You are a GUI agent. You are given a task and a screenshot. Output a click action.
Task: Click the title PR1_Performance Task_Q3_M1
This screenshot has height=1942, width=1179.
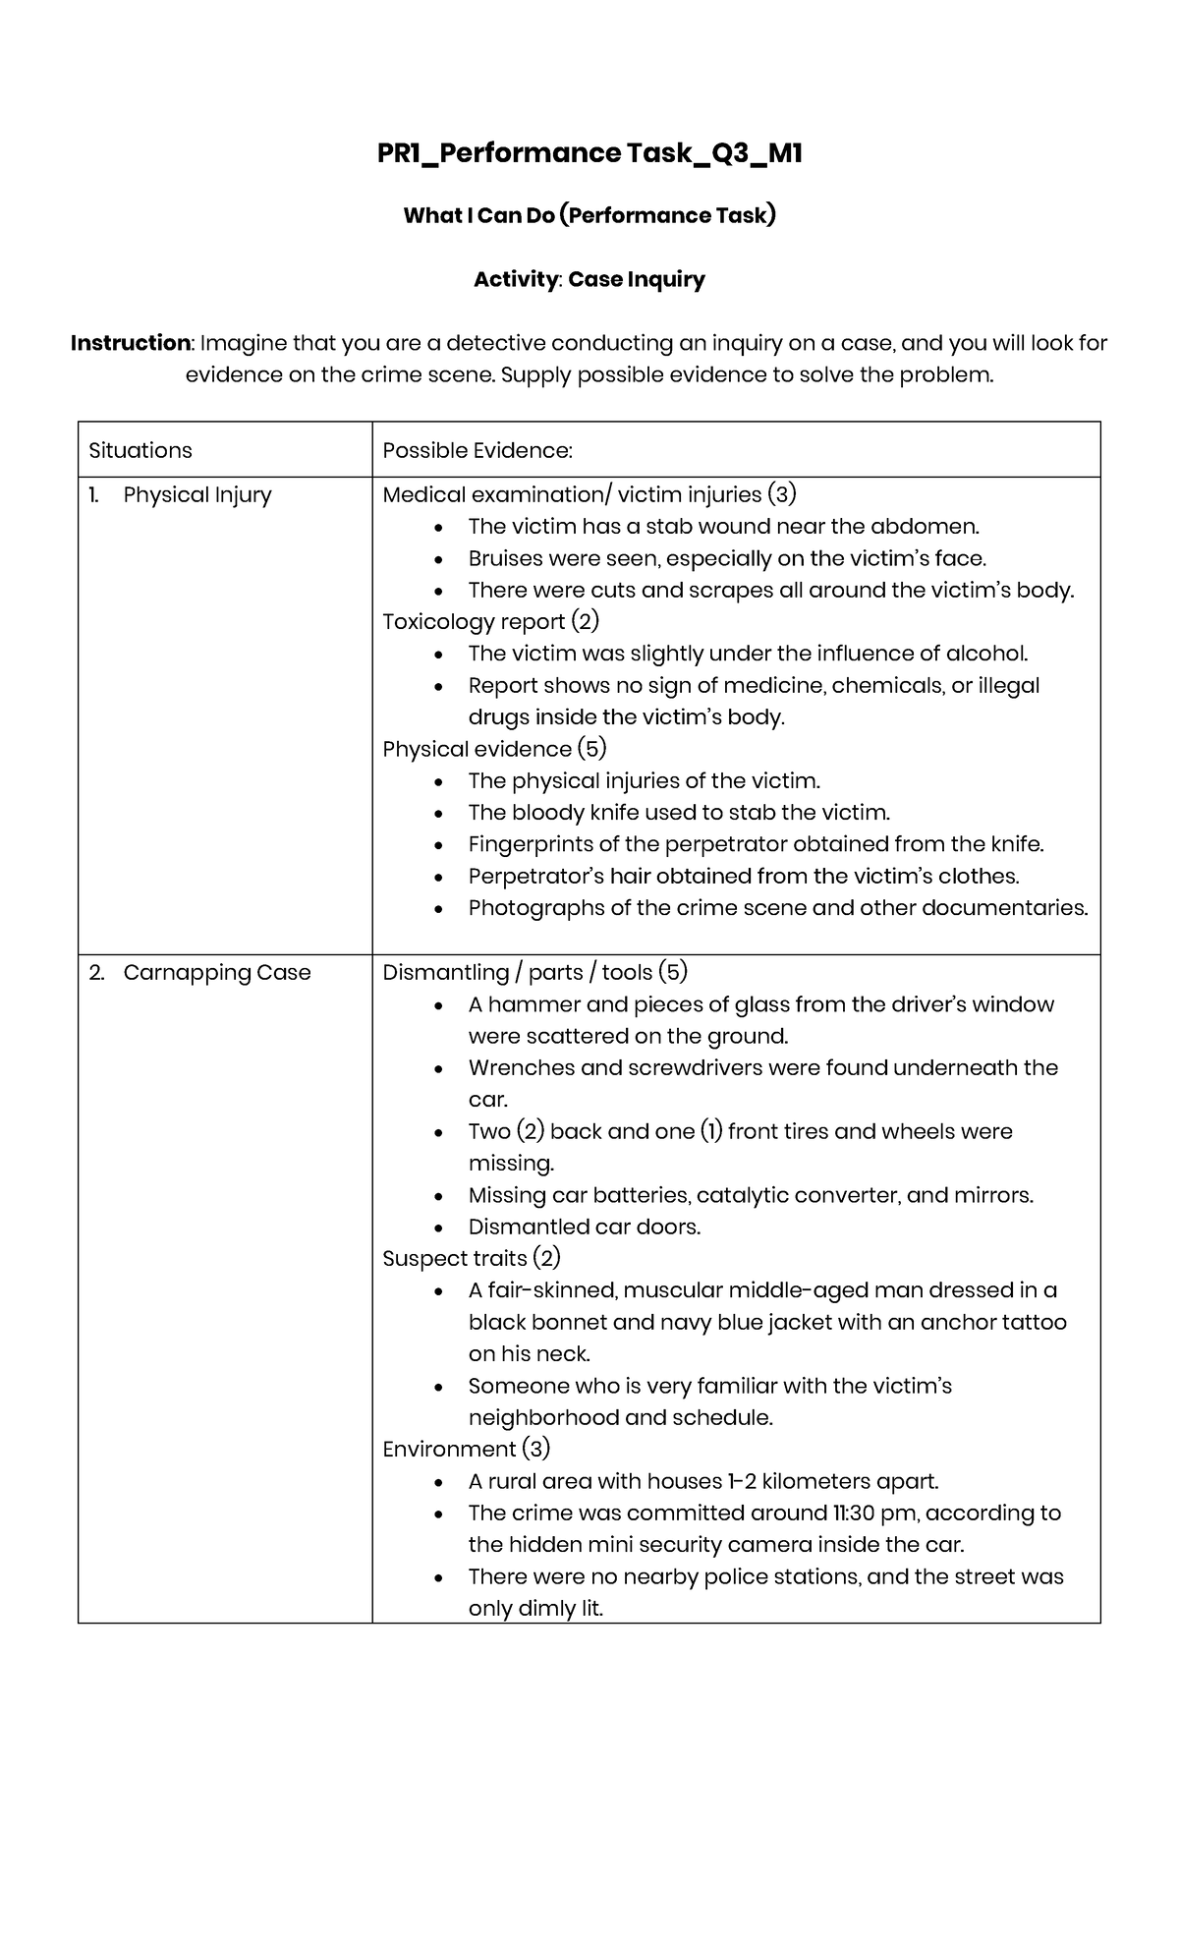pos(589,154)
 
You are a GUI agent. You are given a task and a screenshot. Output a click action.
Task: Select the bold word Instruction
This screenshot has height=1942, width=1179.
pos(130,343)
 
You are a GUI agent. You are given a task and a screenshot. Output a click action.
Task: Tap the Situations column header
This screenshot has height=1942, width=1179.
pos(140,450)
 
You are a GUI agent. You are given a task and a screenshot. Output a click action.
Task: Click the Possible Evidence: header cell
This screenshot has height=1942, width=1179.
pos(477,450)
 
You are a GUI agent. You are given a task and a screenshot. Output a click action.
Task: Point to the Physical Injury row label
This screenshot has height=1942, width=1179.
pos(196,495)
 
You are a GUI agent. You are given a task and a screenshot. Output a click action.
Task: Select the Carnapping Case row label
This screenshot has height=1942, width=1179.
pos(216,973)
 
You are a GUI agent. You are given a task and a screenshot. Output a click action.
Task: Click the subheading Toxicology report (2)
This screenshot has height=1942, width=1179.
pos(490,622)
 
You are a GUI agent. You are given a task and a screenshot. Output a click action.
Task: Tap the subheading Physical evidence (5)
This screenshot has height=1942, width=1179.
pos(494,749)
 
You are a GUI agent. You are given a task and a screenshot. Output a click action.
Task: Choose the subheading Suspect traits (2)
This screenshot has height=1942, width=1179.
pos(471,1259)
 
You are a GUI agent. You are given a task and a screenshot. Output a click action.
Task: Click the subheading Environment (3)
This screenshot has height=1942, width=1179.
pos(466,1450)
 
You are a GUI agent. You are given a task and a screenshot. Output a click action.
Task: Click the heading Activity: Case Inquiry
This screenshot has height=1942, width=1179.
pos(589,280)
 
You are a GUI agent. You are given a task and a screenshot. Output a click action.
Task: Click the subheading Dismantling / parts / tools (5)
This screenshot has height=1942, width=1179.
pos(534,973)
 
